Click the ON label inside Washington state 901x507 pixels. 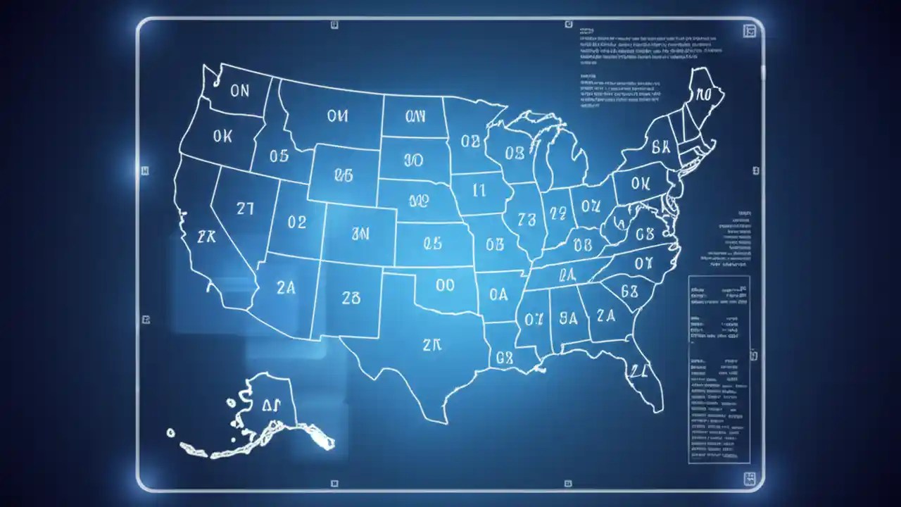pos(239,92)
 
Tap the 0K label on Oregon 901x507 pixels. pos(222,137)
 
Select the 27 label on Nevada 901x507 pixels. pos(245,208)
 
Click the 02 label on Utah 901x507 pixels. pos(297,223)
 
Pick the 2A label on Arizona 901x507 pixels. pos(286,288)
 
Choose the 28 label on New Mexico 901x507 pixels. pos(351,298)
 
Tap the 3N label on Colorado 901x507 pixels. pos(360,234)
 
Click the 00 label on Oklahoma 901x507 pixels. pos(445,285)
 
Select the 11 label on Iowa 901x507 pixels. pos(479,189)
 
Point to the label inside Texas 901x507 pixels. pos(431,344)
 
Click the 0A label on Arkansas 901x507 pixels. pos(498,294)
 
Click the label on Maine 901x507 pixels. pos(704,94)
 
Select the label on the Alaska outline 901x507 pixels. pos(271,404)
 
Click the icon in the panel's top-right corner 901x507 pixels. pos(750,30)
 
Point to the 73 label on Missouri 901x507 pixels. pos(526,219)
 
